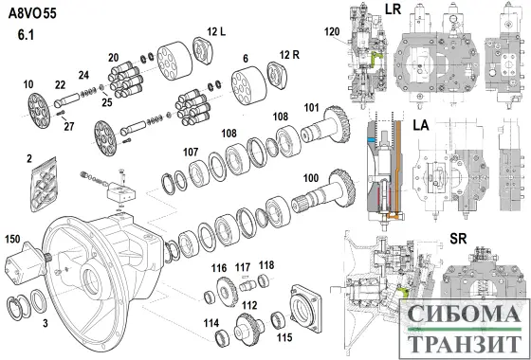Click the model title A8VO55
click(32, 13)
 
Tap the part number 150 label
click(13, 240)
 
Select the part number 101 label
click(311, 108)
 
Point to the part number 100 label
click(311, 178)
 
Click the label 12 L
click(216, 32)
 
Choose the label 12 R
click(289, 55)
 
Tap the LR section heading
click(393, 9)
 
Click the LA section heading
click(421, 125)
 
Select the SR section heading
click(458, 239)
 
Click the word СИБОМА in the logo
click(465, 314)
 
